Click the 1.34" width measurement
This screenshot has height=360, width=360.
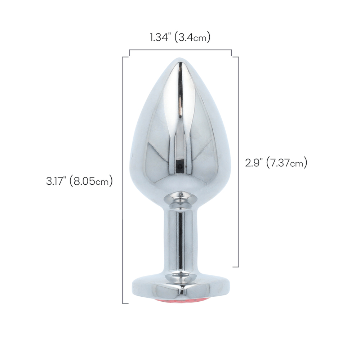(161, 37)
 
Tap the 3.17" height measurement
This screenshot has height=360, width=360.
(56, 181)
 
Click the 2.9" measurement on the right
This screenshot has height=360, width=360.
(254, 163)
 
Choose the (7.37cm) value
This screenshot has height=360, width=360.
(286, 163)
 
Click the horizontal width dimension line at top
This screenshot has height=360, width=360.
(180, 50)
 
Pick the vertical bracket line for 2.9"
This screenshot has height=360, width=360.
(239, 162)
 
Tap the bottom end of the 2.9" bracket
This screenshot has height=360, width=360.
(236, 267)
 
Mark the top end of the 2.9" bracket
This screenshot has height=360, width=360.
(236, 57)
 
